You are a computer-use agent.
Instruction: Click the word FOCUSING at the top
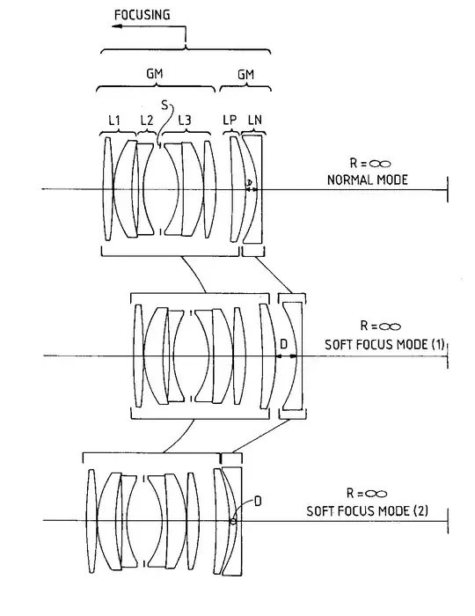(142, 15)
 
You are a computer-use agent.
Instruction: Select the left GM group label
(154, 73)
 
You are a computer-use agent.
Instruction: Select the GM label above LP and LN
(245, 74)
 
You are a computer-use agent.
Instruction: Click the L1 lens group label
(114, 121)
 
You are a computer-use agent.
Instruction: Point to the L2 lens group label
(146, 121)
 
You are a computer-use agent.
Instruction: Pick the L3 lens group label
(185, 121)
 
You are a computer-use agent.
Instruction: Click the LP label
(230, 120)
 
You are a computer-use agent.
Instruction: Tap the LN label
(255, 120)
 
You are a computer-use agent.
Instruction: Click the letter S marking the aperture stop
(164, 105)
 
